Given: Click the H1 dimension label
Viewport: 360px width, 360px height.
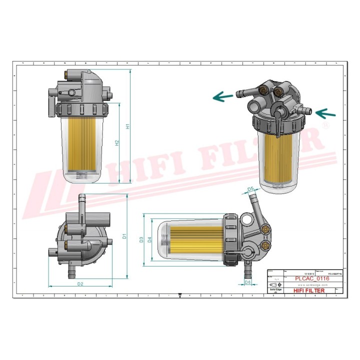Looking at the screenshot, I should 128,126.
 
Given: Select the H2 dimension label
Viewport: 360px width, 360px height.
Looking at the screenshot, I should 117,143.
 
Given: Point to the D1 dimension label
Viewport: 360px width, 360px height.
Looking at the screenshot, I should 124,235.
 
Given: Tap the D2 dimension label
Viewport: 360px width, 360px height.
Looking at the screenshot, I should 80,284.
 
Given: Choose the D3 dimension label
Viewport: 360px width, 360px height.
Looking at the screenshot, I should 141,240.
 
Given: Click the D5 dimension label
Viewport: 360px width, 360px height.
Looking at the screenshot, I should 251,188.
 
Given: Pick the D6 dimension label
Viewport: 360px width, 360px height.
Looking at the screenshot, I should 248,282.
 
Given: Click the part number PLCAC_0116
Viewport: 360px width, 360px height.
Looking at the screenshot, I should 311,279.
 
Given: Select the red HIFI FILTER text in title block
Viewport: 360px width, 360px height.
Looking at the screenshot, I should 308,290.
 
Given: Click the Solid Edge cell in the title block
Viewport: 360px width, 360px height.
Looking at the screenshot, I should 273,290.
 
